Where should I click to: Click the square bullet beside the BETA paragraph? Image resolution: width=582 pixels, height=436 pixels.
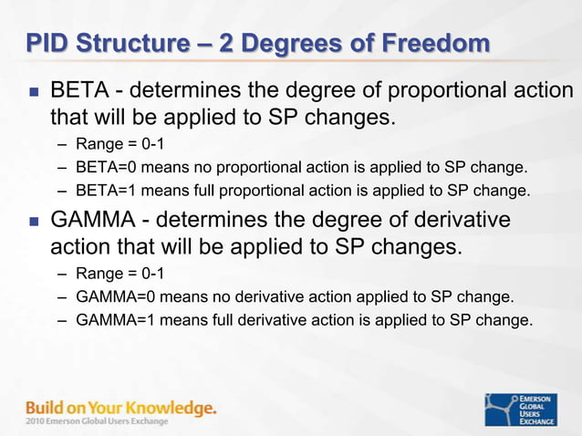coord(34,93)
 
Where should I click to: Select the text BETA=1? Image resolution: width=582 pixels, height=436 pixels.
coord(106,191)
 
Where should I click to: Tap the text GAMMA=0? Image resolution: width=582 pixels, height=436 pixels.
coord(114,296)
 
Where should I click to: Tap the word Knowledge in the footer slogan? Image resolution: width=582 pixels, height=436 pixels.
coord(172,408)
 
